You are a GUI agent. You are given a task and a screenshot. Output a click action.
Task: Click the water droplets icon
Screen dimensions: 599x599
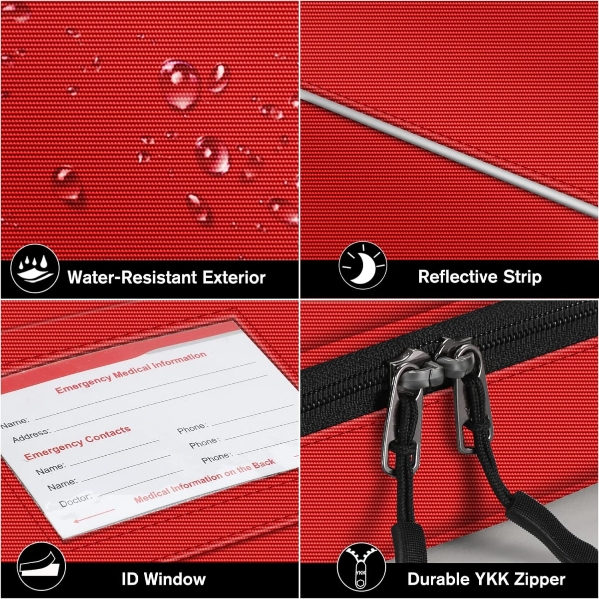click(35, 268)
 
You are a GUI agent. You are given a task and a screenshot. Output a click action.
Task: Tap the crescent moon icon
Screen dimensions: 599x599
click(363, 266)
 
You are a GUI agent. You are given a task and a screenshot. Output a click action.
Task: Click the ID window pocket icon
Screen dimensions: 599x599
click(41, 566)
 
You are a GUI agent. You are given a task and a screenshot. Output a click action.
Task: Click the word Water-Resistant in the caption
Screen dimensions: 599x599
click(133, 277)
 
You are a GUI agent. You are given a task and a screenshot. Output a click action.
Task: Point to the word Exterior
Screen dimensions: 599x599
click(234, 277)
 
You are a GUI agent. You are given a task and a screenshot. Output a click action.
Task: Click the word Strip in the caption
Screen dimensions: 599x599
click(522, 277)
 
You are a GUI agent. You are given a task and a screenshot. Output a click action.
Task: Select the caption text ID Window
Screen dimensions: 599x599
click(164, 579)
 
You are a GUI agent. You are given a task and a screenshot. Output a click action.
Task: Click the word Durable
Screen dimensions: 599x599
click(439, 579)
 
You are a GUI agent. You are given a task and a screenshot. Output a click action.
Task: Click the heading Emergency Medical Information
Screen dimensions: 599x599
click(131, 372)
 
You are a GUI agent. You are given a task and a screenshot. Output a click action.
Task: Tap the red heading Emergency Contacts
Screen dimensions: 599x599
click(77, 443)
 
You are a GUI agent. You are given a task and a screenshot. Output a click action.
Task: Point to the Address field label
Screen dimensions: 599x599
click(31, 435)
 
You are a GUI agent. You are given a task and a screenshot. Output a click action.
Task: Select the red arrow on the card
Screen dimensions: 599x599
click(94, 515)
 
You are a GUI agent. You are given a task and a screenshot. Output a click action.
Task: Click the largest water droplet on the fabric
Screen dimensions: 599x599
click(180, 84)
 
